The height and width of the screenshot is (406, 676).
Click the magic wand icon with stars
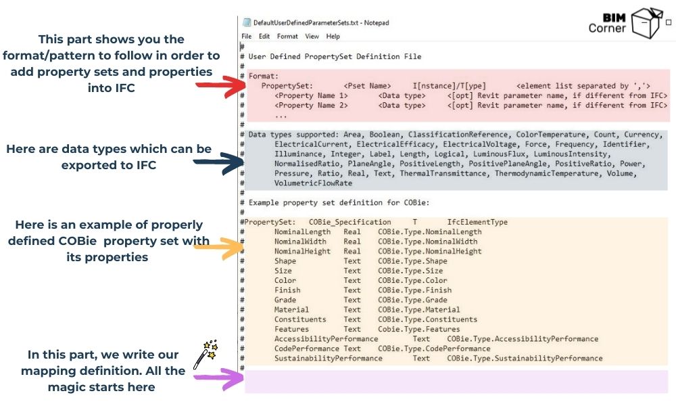(206, 354)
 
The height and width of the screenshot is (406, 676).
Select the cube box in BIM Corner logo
(646, 23)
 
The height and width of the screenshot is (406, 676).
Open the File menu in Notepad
(246, 37)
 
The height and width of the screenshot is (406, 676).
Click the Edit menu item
(264, 37)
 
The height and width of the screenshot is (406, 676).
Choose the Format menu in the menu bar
(287, 37)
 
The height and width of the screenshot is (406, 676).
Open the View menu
(312, 37)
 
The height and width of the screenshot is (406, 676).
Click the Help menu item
(333, 37)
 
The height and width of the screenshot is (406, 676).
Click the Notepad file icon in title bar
(247, 22)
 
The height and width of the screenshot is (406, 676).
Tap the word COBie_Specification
(350, 222)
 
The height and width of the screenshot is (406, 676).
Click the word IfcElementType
(477, 222)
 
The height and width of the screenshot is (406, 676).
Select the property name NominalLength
(302, 231)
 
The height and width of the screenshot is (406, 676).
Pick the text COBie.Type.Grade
(412, 300)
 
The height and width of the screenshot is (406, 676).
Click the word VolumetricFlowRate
(313, 183)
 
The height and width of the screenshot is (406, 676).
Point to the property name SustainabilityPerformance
(328, 358)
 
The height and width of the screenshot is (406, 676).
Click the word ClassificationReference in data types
(458, 135)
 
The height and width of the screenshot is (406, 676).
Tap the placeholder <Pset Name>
(367, 86)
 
